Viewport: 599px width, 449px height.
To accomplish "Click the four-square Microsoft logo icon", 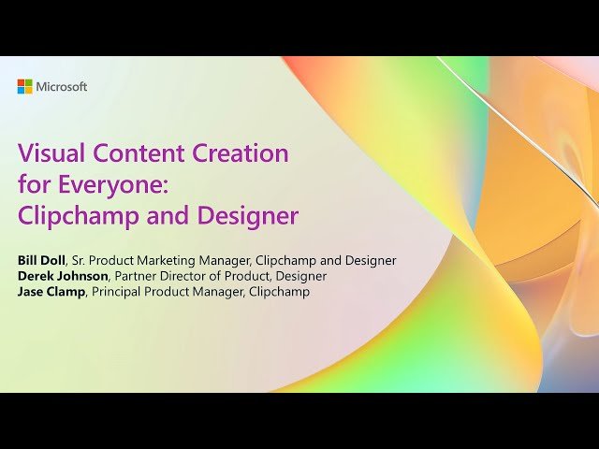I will click(x=24, y=87).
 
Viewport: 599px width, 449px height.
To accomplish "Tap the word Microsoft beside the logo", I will click(x=62, y=87).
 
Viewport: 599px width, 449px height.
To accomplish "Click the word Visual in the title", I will click(x=47, y=153).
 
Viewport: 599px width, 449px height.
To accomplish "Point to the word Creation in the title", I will click(x=240, y=153).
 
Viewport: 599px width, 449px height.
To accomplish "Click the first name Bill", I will click(x=29, y=260).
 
